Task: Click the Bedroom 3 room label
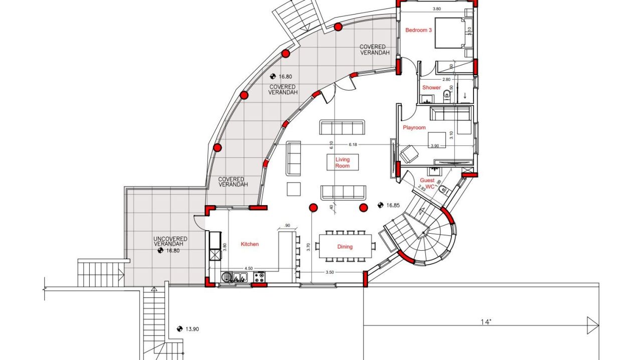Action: (418, 30)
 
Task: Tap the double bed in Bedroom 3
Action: (452, 33)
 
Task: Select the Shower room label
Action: (431, 88)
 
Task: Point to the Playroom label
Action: (414, 128)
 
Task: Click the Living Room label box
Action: (343, 162)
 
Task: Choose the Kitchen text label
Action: (250, 244)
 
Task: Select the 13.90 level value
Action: (193, 329)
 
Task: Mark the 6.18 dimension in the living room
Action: (354, 144)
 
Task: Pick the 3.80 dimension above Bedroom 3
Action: (437, 9)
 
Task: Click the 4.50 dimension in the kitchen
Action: (249, 268)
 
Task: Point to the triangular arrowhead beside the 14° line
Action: (592, 325)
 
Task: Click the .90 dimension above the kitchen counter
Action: (287, 226)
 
